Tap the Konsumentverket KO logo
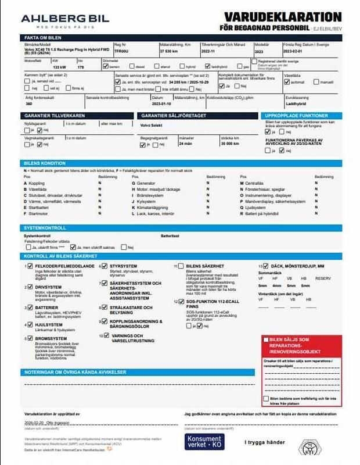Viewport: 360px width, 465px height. (x=204, y=442)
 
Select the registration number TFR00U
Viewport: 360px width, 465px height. (x=121, y=51)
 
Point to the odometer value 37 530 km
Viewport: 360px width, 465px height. (x=168, y=51)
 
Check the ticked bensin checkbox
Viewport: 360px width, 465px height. (x=105, y=66)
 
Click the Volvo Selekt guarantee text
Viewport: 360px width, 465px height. (x=153, y=124)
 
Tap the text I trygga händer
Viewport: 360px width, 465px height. (x=264, y=442)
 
